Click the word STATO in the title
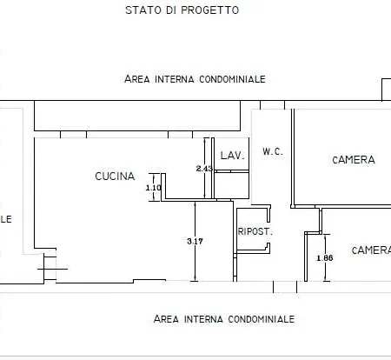click(141, 10)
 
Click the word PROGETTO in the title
click(209, 10)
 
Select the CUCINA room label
click(115, 177)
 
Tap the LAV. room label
click(231, 156)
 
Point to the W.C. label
click(273, 151)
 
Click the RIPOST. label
click(255, 232)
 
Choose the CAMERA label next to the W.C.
click(354, 160)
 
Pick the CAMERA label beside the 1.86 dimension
click(371, 250)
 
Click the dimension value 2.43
click(204, 168)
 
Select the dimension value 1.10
click(154, 188)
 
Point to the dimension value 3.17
click(195, 242)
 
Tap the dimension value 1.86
click(325, 258)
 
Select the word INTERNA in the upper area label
click(173, 79)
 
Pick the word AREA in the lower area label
click(166, 319)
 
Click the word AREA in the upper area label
click(137, 79)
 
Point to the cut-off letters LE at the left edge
click(5, 219)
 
